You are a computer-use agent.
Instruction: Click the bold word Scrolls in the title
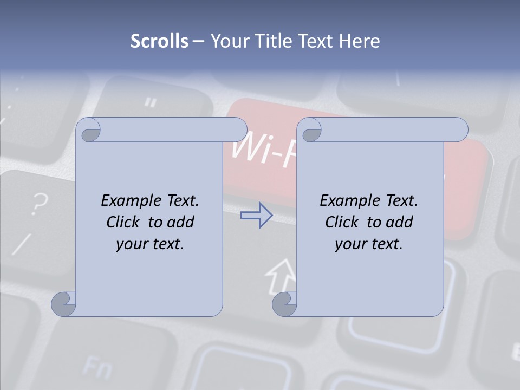[x=159, y=41]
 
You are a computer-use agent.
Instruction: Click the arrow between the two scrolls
[x=256, y=216]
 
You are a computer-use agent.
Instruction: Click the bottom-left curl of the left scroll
[x=64, y=304]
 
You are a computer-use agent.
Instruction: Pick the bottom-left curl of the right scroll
[x=284, y=304]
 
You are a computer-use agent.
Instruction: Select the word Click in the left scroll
[x=125, y=222]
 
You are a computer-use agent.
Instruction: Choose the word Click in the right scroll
[x=343, y=222]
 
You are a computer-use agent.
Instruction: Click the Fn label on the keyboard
[x=97, y=368]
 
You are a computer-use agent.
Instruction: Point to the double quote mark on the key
[x=151, y=101]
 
